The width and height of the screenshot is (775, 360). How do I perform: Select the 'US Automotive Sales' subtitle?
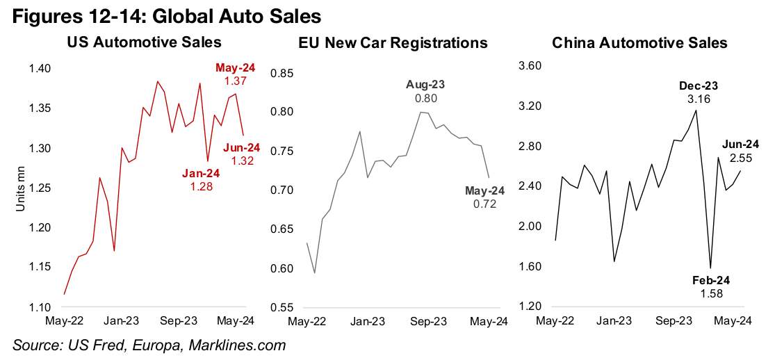(x=145, y=42)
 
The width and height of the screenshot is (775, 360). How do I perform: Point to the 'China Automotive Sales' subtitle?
(x=639, y=42)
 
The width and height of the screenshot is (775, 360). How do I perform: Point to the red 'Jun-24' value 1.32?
(x=243, y=161)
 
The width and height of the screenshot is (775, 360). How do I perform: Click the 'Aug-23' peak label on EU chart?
(x=425, y=85)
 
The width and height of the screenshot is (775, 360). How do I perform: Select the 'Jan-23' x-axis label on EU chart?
(x=368, y=322)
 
